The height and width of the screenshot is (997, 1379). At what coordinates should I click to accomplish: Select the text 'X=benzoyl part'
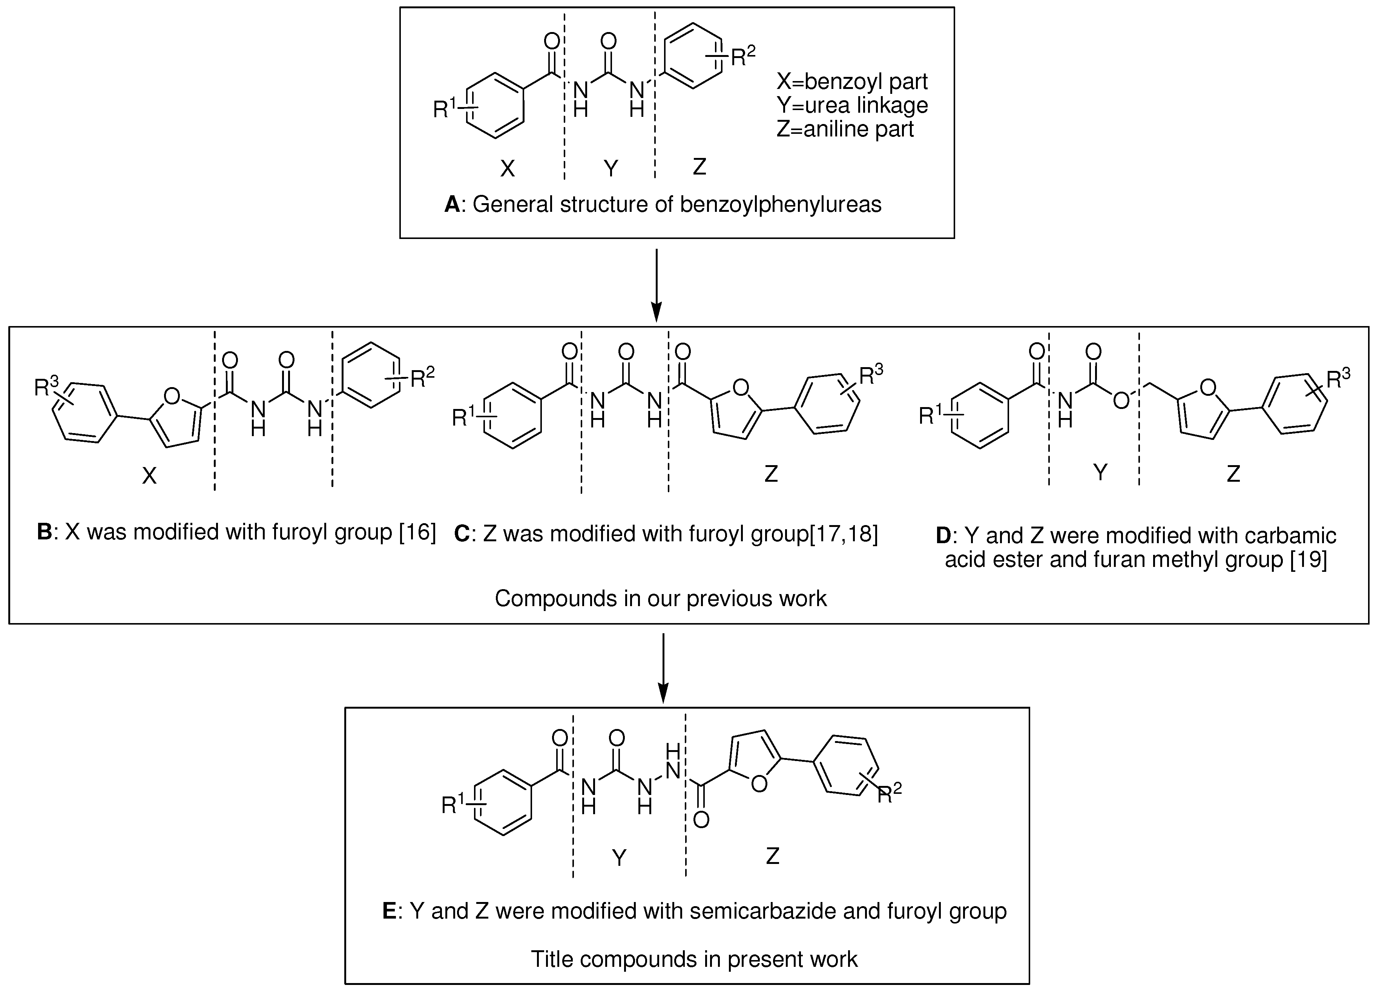pyautogui.click(x=851, y=81)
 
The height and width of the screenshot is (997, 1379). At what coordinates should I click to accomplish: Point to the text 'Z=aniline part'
pyautogui.click(x=845, y=129)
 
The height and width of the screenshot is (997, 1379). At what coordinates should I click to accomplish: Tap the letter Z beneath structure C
pyautogui.click(x=771, y=473)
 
